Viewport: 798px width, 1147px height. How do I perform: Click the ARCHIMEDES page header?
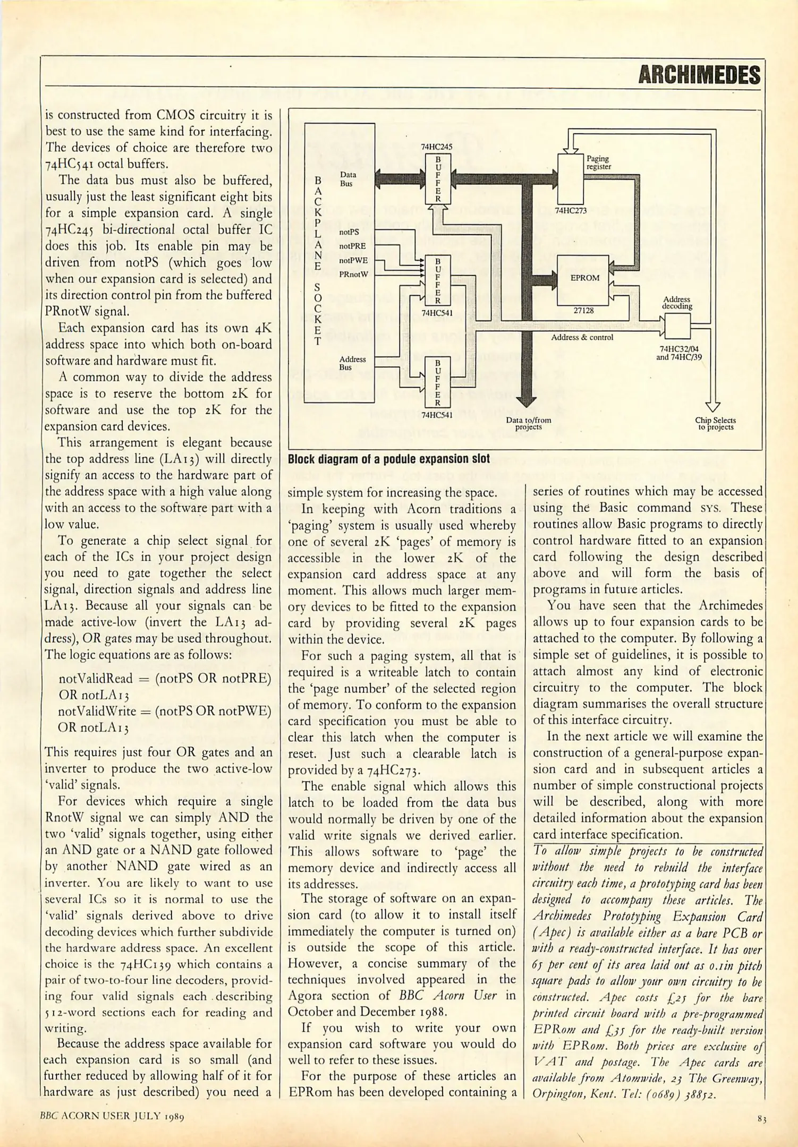[x=699, y=75]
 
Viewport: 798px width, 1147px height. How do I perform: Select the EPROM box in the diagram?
[x=583, y=279]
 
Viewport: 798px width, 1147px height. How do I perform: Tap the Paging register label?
[x=598, y=162]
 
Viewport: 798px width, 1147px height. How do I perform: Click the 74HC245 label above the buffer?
[x=436, y=147]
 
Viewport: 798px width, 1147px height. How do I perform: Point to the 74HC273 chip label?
[x=571, y=211]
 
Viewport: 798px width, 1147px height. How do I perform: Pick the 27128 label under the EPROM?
[x=583, y=311]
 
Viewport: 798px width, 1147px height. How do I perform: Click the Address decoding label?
[x=677, y=303]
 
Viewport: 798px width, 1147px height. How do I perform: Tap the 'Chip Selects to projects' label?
[x=715, y=423]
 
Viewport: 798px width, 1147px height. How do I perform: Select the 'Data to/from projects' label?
[x=528, y=423]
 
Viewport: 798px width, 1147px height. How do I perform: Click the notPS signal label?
[x=349, y=232]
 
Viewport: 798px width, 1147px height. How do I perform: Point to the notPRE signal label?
[x=352, y=246]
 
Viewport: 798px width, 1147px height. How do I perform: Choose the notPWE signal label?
[x=353, y=261]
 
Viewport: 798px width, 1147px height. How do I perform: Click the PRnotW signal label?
[x=353, y=275]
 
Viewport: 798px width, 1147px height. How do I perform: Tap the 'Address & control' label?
[x=582, y=337]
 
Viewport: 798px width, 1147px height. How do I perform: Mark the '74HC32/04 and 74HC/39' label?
[x=680, y=353]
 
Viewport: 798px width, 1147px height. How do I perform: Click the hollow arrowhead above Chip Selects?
[x=714, y=407]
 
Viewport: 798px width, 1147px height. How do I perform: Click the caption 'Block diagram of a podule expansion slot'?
[x=388, y=459]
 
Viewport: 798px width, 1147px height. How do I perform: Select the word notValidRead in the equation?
[x=96, y=679]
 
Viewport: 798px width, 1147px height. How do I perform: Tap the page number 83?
[x=762, y=1119]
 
